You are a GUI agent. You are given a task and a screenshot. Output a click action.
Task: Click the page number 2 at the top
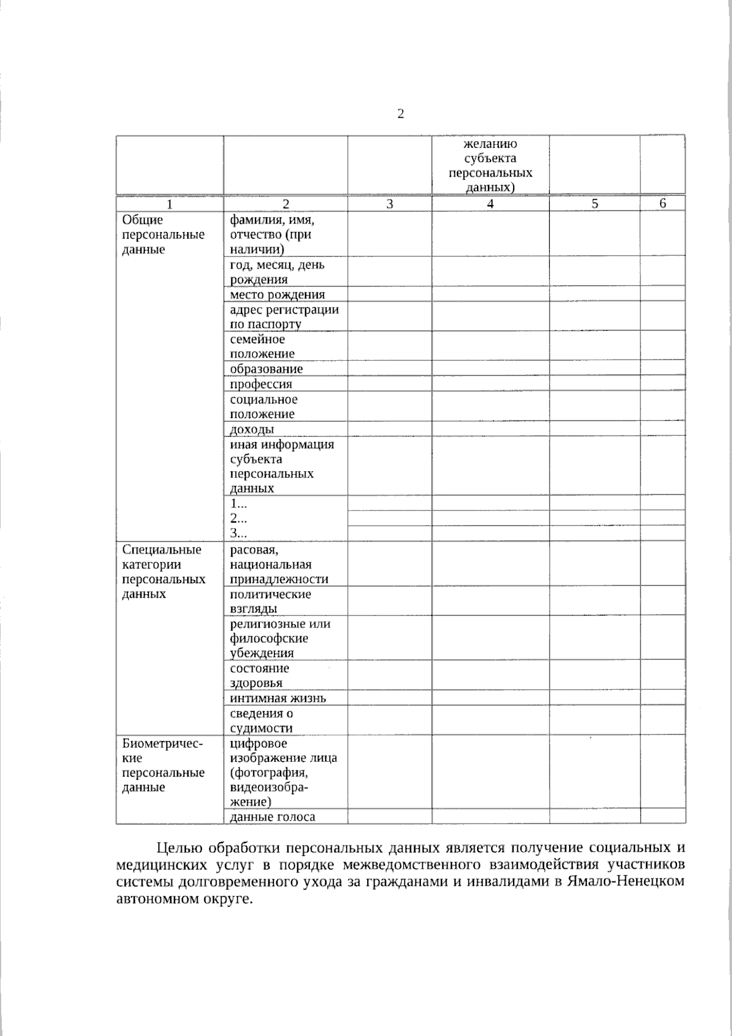tap(400, 114)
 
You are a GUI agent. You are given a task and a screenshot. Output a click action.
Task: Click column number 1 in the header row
tap(170, 205)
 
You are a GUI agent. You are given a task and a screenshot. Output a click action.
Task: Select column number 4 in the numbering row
tap(490, 205)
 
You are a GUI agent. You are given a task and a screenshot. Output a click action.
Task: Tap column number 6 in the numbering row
tap(662, 204)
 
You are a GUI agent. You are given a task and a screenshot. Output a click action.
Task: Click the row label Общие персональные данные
tap(163, 234)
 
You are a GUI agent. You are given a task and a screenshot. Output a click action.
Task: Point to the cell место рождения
tap(277, 295)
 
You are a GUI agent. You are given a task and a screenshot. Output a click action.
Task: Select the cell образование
tap(266, 369)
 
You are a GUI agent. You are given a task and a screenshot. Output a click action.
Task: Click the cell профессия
tap(261, 384)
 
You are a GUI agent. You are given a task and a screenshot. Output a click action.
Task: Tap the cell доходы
tap(252, 429)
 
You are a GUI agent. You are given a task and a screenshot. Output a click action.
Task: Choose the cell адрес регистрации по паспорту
tap(284, 316)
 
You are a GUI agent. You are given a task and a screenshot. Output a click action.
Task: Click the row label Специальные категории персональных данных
tap(163, 571)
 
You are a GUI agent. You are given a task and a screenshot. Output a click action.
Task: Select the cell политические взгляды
tap(270, 601)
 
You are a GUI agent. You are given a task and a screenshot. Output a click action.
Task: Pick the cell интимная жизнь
tap(278, 698)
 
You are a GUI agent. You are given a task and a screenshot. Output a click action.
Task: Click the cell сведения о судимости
tap(261, 720)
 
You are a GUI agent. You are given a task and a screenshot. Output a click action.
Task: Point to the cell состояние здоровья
tap(259, 675)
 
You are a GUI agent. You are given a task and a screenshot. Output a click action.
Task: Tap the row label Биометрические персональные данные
tap(163, 765)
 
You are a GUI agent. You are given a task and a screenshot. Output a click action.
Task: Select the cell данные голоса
tap(272, 817)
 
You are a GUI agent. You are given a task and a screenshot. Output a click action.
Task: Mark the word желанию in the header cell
tap(490, 144)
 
